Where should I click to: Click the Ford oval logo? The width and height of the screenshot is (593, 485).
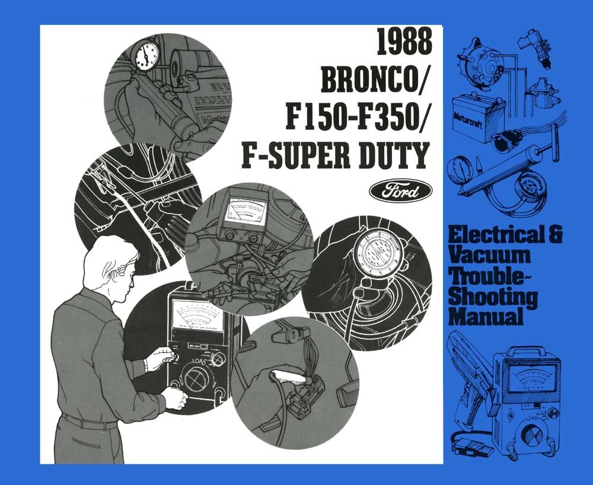click(401, 192)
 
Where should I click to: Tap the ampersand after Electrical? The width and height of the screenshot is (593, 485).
click(554, 235)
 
